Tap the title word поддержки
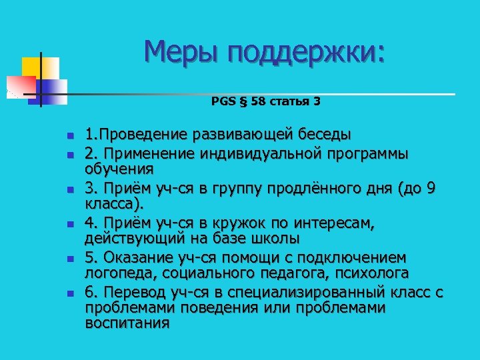307,52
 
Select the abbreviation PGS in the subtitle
223,102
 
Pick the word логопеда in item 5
115,273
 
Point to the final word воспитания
127,323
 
